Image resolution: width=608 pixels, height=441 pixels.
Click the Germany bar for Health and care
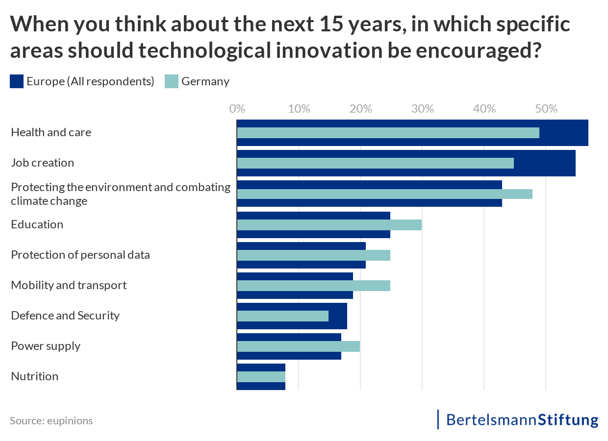point(388,133)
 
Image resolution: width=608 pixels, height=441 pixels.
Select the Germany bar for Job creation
point(375,163)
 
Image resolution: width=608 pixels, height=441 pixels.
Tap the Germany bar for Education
point(329,225)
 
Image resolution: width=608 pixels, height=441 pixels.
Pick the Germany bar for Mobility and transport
point(313,286)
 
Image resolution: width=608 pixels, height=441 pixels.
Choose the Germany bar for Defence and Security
point(282,316)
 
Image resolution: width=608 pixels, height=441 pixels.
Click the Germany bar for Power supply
point(298,346)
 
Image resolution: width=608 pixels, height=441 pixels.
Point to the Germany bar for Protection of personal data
point(313,255)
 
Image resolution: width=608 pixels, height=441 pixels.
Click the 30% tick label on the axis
point(423,108)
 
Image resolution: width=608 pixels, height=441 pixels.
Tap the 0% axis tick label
point(237,108)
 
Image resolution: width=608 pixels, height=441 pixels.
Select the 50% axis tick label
point(546,108)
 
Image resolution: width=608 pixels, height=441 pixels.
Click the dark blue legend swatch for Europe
point(17,81)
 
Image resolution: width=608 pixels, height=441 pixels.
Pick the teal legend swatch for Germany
point(172,81)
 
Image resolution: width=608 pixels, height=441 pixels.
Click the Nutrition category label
point(34,376)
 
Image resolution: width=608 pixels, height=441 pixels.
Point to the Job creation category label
point(42,163)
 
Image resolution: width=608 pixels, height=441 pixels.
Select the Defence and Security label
point(65,316)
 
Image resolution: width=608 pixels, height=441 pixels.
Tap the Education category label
point(37,224)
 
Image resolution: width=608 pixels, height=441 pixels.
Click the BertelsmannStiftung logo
point(522,420)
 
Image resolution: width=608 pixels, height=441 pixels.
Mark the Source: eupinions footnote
point(51,420)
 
